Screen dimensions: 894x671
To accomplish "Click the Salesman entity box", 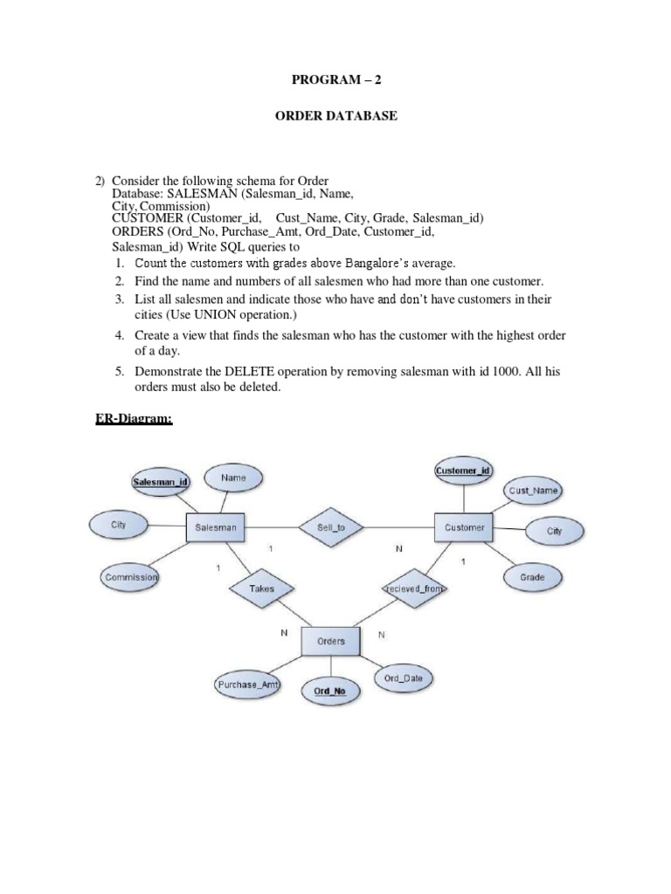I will (x=216, y=527).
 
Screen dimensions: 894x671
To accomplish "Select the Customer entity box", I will (x=464, y=527).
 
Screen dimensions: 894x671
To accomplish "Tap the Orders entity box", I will (x=330, y=641).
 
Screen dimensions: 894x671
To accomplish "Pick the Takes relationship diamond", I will (x=261, y=588).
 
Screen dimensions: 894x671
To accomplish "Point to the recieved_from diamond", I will (x=414, y=588).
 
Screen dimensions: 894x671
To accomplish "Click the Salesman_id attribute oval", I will (x=160, y=481).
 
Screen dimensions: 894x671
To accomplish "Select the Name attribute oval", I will (x=233, y=478).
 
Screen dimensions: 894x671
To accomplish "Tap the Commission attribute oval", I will (x=130, y=578).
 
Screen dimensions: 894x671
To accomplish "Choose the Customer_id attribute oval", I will (x=463, y=471).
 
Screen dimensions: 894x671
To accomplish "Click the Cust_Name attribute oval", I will (x=533, y=491).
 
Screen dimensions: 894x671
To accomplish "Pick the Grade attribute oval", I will (x=532, y=577).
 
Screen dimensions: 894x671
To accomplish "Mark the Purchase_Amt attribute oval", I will (x=246, y=685).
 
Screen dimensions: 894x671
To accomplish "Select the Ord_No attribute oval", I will (x=329, y=691).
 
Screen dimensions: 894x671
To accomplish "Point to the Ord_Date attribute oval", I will (x=403, y=678).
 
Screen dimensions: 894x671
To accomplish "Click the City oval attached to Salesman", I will (x=118, y=525).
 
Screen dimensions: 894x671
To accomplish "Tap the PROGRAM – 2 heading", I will (x=335, y=80).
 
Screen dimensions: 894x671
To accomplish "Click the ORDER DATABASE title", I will (x=335, y=115).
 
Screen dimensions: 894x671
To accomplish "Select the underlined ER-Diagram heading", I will (x=133, y=419).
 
